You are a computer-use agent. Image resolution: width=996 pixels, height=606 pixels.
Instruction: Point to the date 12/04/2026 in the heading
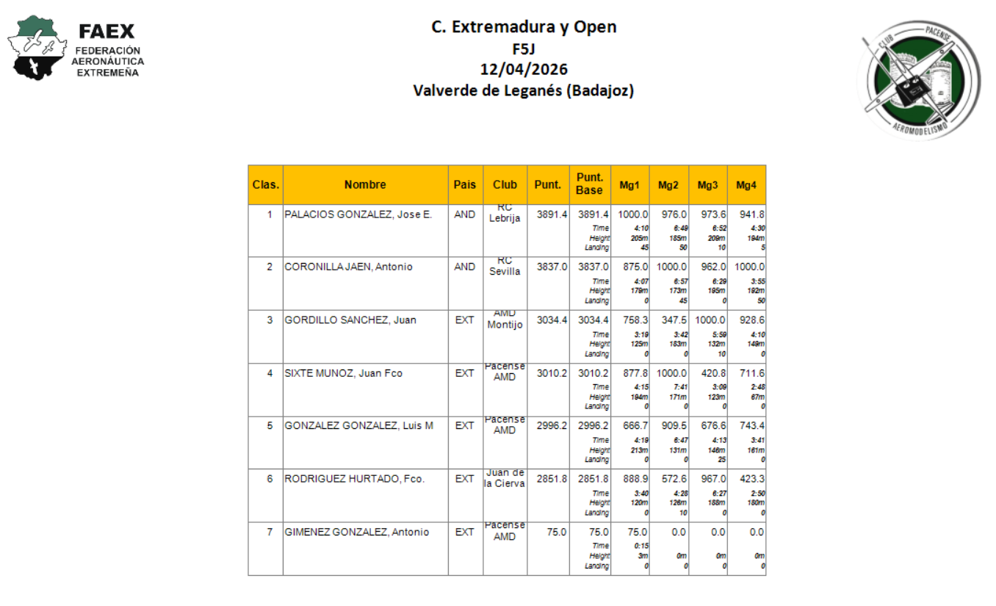pyautogui.click(x=524, y=70)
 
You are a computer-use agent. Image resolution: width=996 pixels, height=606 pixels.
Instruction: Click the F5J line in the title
pyautogui.click(x=524, y=49)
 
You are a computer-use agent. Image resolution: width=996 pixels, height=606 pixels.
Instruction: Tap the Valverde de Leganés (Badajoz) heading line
pyautogui.click(x=524, y=91)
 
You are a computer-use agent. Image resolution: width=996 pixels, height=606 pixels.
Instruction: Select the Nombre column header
pyautogui.click(x=365, y=185)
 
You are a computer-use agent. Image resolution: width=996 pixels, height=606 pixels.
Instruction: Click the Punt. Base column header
pyautogui.click(x=590, y=184)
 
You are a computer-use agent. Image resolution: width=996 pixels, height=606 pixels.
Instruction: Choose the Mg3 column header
pyautogui.click(x=707, y=185)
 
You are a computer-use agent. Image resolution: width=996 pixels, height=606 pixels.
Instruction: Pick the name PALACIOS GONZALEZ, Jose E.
pyautogui.click(x=358, y=214)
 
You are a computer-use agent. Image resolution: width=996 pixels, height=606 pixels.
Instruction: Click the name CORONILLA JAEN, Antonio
pyautogui.click(x=349, y=267)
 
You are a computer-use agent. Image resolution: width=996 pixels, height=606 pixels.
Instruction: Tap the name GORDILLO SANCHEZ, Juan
pyautogui.click(x=350, y=320)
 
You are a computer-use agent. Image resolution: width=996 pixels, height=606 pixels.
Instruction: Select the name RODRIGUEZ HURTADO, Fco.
pyautogui.click(x=355, y=479)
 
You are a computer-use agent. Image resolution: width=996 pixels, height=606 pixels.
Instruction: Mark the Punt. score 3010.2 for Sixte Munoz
pyautogui.click(x=552, y=373)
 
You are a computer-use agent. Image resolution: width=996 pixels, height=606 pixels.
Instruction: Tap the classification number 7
pyautogui.click(x=270, y=532)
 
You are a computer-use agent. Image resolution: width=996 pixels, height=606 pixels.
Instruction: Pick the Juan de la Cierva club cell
pyautogui.click(x=505, y=478)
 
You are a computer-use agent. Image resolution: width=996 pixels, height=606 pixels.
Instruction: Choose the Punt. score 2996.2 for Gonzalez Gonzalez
pyautogui.click(x=552, y=426)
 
